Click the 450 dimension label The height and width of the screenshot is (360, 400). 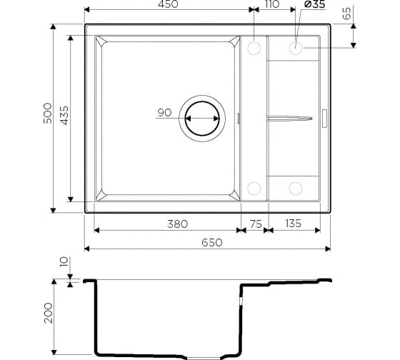pyautogui.click(x=168, y=4)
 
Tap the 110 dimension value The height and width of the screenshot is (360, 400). pyautogui.click(x=272, y=4)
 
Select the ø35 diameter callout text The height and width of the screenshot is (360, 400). pyautogui.click(x=315, y=4)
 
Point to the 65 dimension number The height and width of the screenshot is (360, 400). pyautogui.click(x=346, y=14)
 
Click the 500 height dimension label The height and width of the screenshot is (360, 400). pyautogui.click(x=48, y=114)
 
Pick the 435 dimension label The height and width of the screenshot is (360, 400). pyautogui.click(x=65, y=115)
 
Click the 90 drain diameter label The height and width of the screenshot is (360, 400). pyautogui.click(x=164, y=113)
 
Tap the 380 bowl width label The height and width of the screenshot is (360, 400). pyautogui.click(x=178, y=224)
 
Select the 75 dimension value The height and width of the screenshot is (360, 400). pyautogui.click(x=256, y=224)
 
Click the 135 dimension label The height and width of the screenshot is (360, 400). pyautogui.click(x=294, y=224)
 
